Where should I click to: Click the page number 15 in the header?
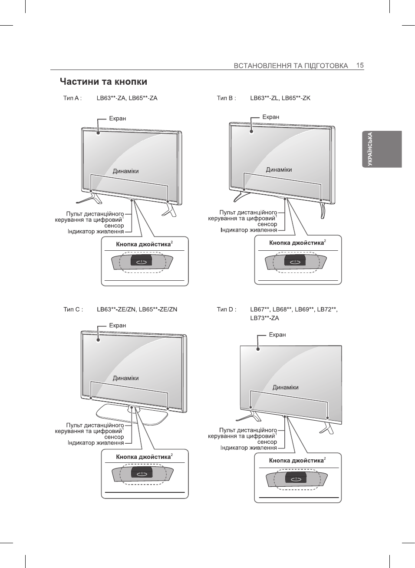tap(360, 66)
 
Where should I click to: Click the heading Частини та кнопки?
tap(103, 82)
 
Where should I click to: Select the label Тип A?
tap(72, 98)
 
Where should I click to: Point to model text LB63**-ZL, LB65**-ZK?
tap(280, 98)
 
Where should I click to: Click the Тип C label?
tap(73, 309)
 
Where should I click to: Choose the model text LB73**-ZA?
tap(264, 318)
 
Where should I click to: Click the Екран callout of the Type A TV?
tap(118, 118)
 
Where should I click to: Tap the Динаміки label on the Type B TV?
tap(279, 169)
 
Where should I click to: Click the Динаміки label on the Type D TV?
tap(285, 387)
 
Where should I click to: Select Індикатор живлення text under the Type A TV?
tap(96, 232)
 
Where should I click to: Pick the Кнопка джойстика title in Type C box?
tap(143, 457)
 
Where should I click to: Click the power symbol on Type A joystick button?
tap(142, 262)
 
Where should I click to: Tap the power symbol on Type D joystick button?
tap(296, 479)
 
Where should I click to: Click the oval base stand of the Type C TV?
tap(132, 415)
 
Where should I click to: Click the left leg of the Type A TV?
tap(89, 198)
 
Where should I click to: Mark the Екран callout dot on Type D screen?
tap(258, 349)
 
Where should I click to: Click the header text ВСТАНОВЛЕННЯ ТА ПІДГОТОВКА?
tap(291, 66)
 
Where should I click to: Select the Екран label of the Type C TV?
tap(118, 326)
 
